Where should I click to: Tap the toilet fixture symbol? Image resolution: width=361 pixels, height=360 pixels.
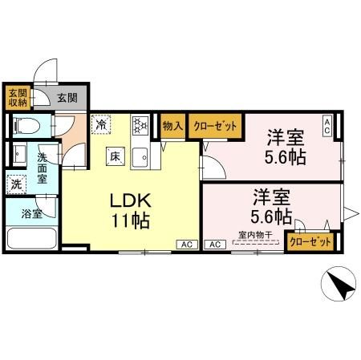[25, 126]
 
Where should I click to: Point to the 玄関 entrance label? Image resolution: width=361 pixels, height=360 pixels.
[67, 99]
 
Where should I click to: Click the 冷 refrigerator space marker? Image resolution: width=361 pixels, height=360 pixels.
[102, 124]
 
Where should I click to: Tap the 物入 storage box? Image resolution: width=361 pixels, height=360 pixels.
[172, 125]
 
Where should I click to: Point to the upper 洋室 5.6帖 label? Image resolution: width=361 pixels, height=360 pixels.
[285, 146]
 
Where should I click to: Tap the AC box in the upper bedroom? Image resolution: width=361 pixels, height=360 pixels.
[327, 125]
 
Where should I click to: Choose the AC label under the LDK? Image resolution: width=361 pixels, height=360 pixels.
[186, 244]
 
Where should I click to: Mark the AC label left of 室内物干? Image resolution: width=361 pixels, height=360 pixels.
[214, 244]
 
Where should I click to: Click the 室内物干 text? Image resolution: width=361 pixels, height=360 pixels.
[254, 236]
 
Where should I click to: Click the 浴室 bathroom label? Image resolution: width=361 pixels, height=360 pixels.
[31, 214]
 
